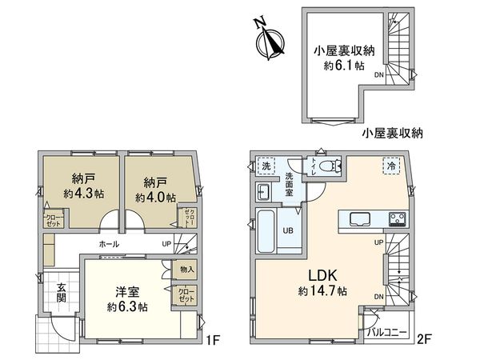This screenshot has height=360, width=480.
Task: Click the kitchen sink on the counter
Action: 357,218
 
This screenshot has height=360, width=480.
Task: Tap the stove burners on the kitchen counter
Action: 397,218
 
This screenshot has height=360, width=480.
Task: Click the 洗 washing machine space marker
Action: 266,166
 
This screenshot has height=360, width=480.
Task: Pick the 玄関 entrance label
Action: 61,292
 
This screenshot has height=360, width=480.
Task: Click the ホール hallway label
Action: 110,243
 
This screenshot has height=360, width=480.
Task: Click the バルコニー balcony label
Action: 387,331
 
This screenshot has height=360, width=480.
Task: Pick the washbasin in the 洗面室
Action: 264,192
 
